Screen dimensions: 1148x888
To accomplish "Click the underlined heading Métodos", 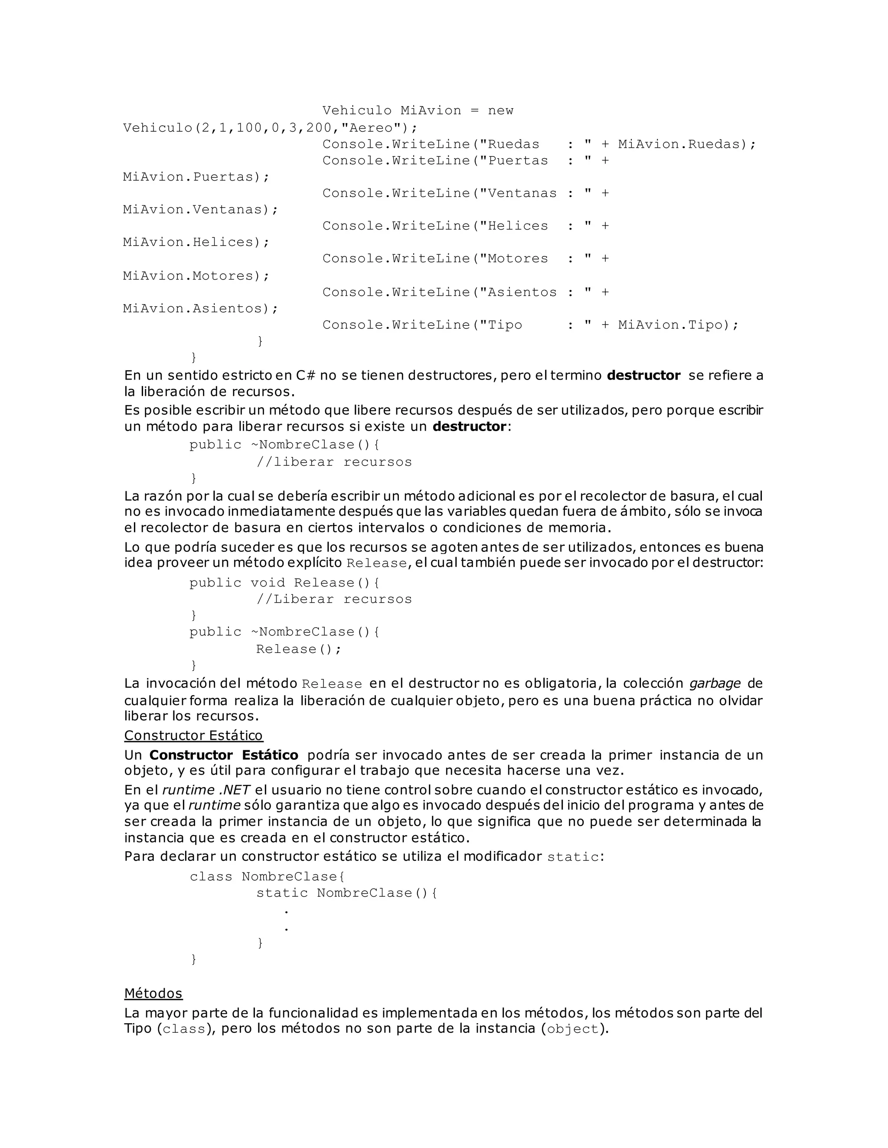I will click(x=153, y=993).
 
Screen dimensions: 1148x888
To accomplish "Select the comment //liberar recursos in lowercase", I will click(x=334, y=462).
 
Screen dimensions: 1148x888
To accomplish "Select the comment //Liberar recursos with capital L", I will click(x=334, y=599).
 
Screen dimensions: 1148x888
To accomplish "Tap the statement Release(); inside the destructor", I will click(x=298, y=649).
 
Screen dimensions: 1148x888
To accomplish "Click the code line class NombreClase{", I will click(x=267, y=876).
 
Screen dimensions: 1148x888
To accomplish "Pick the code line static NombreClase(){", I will click(x=346, y=892).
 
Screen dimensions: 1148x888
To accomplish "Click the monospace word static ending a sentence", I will click(x=573, y=857).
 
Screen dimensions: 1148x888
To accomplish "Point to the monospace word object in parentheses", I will click(x=573, y=1029).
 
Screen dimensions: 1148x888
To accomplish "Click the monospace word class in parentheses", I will click(x=183, y=1029).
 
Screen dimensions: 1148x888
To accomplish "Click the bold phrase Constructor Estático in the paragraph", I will click(x=224, y=755).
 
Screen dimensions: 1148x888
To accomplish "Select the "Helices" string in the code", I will click(x=513, y=226).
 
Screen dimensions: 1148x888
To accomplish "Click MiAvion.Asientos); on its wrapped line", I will click(x=200, y=308).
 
